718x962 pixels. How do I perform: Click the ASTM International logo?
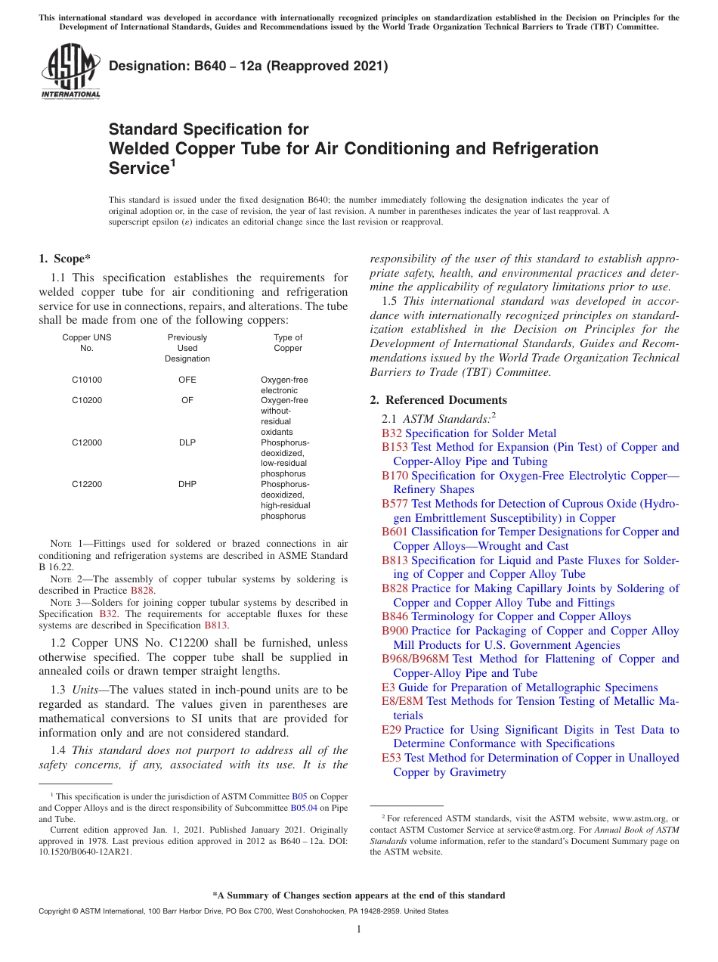[70, 71]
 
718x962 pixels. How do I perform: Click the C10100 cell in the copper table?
[87, 380]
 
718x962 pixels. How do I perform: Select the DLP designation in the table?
[187, 442]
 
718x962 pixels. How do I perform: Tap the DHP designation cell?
[187, 484]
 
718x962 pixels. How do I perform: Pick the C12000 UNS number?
[87, 442]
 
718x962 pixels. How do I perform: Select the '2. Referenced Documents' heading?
[438, 400]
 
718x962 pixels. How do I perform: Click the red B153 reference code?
[395, 447]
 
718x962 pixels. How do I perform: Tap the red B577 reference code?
[395, 504]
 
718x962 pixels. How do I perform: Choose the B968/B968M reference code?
[415, 659]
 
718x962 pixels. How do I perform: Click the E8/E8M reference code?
[402, 701]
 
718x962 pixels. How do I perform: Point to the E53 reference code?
[391, 758]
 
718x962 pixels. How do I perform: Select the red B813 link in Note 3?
[215, 625]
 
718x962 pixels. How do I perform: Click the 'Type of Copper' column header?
[287, 343]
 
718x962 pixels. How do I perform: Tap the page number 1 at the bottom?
[359, 929]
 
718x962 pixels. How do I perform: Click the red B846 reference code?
[395, 616]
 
